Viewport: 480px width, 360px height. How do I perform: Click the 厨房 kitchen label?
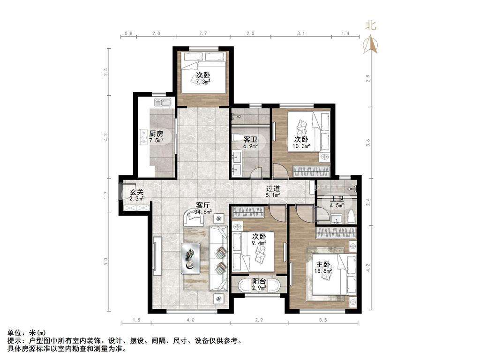coord(156,134)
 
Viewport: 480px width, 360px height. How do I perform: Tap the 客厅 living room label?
coord(202,204)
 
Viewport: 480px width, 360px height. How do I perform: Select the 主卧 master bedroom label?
coord(323,264)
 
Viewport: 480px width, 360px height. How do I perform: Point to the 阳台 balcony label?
coord(259,281)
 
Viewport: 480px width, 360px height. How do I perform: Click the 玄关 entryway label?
coord(136,192)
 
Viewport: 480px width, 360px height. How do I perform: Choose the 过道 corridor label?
coord(272,188)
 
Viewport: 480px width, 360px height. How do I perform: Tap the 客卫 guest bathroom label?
coord(250,140)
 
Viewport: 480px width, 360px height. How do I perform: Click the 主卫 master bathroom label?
coord(337,199)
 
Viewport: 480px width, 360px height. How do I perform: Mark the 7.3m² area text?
coord(203,82)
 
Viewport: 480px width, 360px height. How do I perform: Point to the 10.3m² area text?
coord(301,146)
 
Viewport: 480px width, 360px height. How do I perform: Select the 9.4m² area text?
coord(259,243)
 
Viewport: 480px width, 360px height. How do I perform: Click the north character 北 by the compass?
coord(370,25)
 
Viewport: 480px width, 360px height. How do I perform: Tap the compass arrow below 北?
coord(371,45)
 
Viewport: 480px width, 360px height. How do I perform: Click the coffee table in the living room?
coord(191,258)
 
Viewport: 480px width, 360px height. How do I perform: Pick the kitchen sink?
coord(163,102)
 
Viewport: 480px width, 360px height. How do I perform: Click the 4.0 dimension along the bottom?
coord(190,320)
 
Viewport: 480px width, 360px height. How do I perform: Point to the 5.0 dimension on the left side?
coord(106,262)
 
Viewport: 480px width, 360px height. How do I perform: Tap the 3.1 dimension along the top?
coord(301,33)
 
